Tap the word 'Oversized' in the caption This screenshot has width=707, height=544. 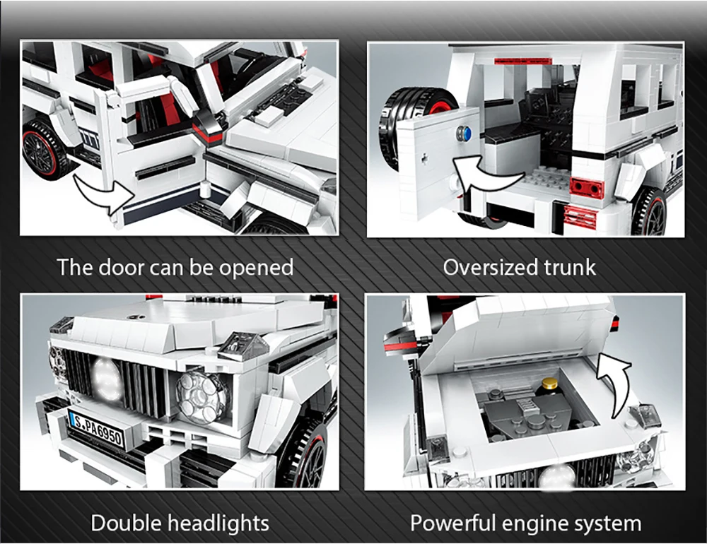coord(490,267)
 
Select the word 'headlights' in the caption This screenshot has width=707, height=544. coord(218,524)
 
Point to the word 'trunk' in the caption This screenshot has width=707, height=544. coord(570,267)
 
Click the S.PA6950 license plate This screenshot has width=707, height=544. coord(96,430)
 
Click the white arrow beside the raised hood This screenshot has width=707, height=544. coord(614,384)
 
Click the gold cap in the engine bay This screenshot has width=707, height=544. coord(549,384)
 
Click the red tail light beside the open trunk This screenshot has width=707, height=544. coord(587,187)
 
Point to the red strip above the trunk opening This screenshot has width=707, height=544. coord(522,61)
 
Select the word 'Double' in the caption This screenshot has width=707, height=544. coord(127,524)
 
